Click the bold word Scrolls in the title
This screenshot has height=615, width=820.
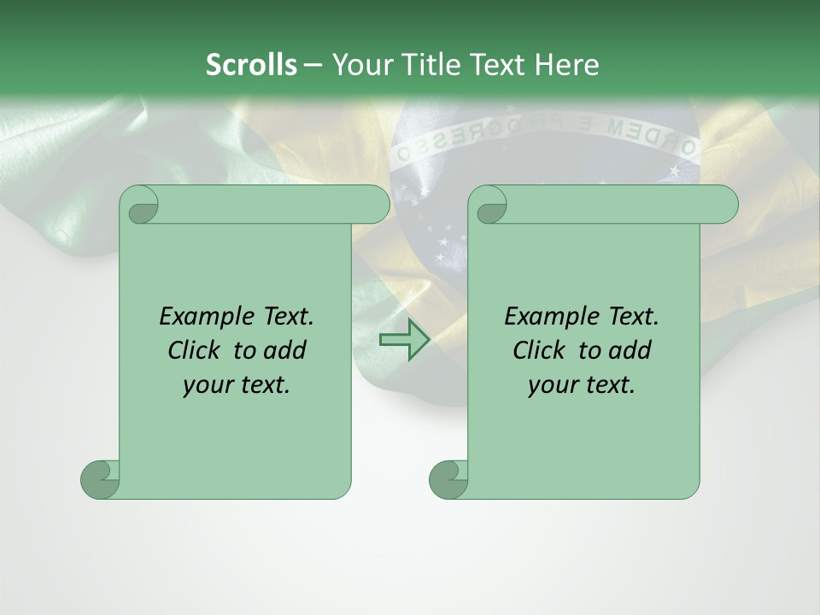point(251,65)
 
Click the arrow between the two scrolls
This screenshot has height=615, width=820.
point(404,339)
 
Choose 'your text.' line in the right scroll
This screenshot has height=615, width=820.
point(582,385)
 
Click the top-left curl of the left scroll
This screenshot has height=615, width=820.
point(140,205)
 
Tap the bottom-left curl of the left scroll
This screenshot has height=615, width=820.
point(100,479)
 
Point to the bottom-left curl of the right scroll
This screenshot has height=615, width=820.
point(448,479)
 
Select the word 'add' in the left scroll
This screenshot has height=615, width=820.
point(284,350)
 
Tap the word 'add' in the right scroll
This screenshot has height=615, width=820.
point(630,350)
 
